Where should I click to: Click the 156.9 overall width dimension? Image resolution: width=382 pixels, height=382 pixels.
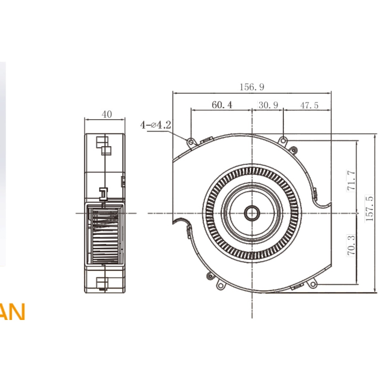click(252, 87)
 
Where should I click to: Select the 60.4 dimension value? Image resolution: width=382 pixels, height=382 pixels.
click(222, 105)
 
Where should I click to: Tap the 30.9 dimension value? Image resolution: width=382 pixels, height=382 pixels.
click(268, 105)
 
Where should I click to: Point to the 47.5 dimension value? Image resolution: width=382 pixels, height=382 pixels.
click(309, 105)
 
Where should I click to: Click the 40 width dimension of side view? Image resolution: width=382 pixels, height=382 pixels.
click(107, 114)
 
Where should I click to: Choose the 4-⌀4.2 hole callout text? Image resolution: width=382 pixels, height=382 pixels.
click(156, 125)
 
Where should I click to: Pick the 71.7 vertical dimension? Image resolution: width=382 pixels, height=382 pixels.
click(351, 180)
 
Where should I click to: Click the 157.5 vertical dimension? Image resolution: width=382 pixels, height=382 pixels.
click(369, 208)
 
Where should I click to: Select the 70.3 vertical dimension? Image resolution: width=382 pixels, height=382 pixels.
click(351, 245)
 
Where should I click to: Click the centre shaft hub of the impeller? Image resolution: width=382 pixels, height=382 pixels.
click(252, 213)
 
